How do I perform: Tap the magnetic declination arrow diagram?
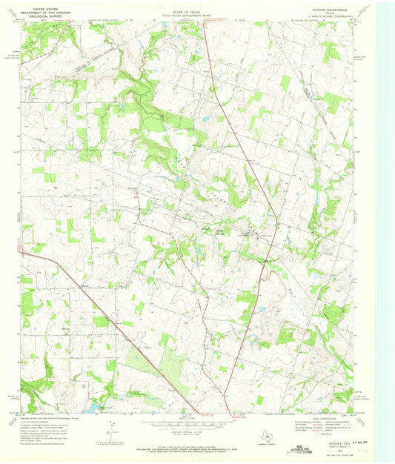[111, 425]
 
